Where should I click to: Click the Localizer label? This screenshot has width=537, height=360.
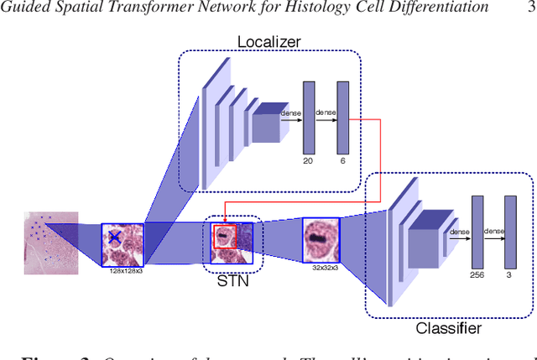[268, 41]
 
